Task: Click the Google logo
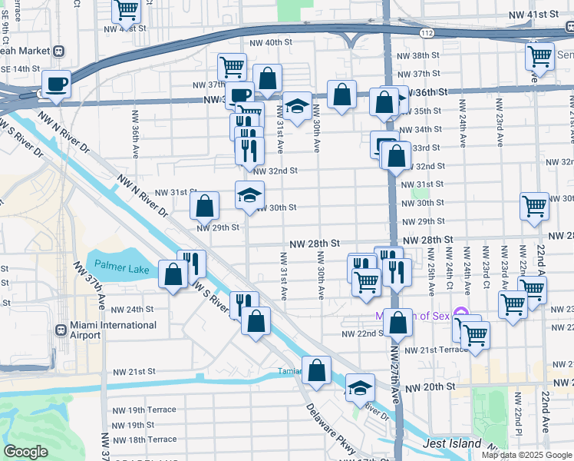tap(25, 452)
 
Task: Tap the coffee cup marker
tap(57, 84)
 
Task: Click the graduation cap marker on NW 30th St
tap(249, 196)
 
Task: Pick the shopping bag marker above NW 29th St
tap(204, 206)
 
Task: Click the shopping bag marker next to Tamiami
tap(316, 371)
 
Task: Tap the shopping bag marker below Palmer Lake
tap(173, 274)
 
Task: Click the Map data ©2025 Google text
tap(526, 455)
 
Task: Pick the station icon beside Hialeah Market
tap(59, 51)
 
